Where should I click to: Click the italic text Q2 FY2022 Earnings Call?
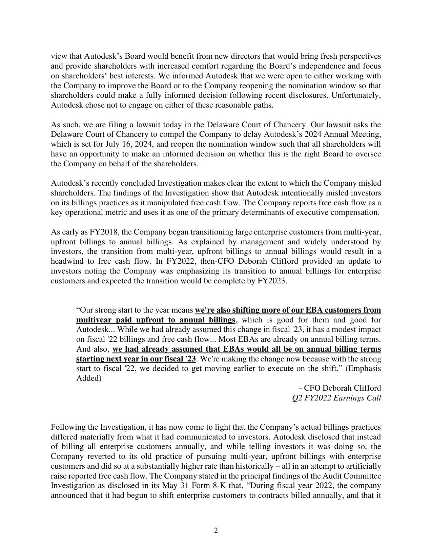pyautogui.click(x=336, y=398)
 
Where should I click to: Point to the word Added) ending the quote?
pyautogui.click(x=89, y=378)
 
